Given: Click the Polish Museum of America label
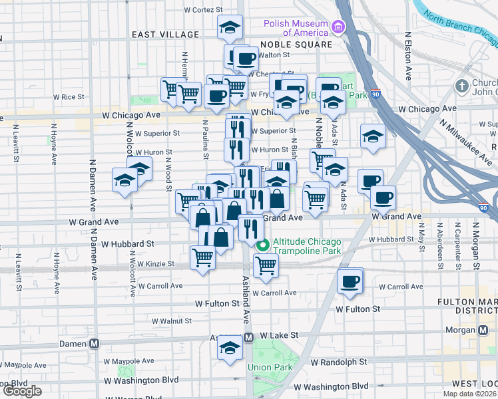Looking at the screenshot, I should point(296,27).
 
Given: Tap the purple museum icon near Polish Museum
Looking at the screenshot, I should point(338,28).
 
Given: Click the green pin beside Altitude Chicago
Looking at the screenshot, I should point(263,245).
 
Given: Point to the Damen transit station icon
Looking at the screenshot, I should point(94,344).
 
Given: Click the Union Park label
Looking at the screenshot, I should point(266,367).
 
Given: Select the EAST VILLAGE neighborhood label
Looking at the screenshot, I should point(165,35).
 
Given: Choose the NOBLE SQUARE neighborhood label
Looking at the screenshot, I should point(296,45).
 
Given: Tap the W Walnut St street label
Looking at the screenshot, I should point(172,321).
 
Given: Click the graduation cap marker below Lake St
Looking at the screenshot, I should point(230,346).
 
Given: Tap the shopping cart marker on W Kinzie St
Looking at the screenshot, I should point(202,257).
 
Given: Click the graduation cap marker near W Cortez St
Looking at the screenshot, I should point(230,27).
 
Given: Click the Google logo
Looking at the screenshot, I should point(23,391).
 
